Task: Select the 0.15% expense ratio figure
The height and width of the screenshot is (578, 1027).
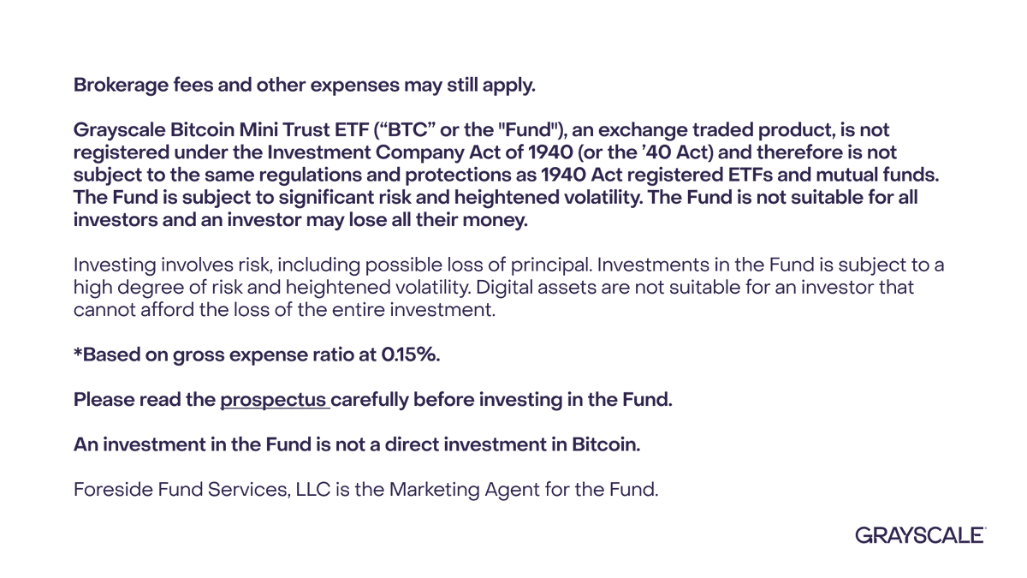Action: pyautogui.click(x=409, y=355)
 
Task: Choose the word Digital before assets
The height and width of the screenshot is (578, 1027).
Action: pyautogui.click(x=504, y=288)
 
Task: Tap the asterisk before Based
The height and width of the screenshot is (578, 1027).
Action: pyautogui.click(x=78, y=352)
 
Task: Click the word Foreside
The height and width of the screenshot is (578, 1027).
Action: pyautogui.click(x=113, y=490)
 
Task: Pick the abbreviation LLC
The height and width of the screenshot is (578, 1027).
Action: pyautogui.click(x=313, y=490)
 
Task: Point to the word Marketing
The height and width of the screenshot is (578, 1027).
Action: pyautogui.click(x=434, y=490)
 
